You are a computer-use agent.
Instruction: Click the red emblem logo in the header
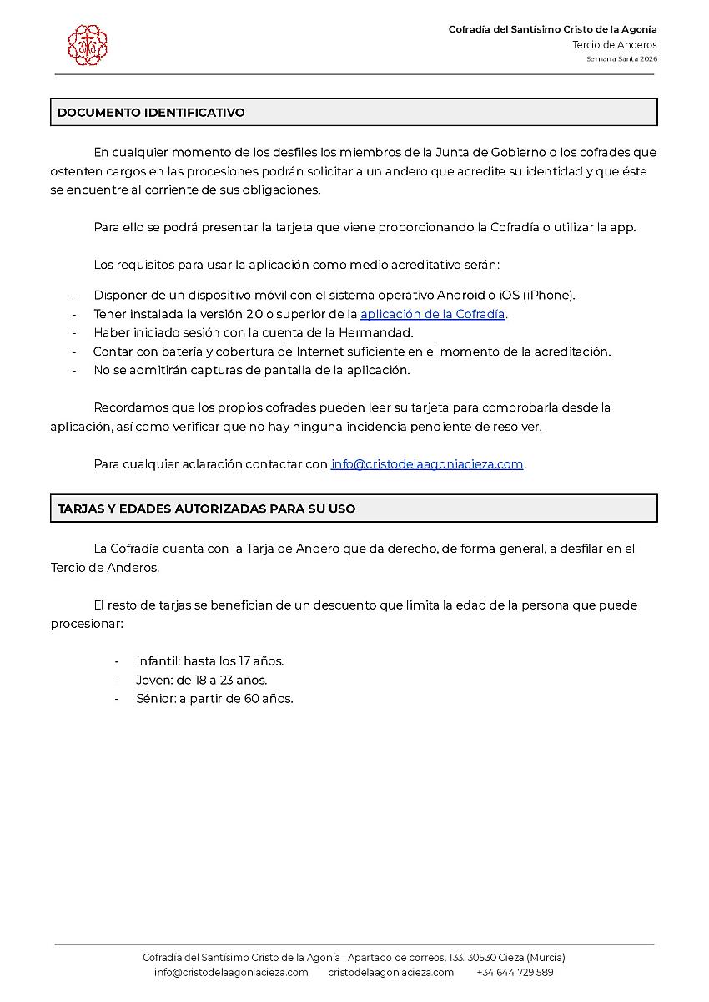[x=88, y=45]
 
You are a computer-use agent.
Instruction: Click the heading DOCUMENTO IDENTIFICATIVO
[x=151, y=113]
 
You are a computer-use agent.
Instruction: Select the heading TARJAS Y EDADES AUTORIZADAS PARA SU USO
[x=206, y=509]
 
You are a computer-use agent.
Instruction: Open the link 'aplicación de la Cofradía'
[x=433, y=314]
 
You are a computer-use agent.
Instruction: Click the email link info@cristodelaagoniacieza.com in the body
[x=427, y=464]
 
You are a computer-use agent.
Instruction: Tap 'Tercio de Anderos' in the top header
[x=615, y=45]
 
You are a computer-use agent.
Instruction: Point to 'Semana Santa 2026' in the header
[x=621, y=59]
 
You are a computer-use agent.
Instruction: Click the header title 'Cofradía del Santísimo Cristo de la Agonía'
[x=552, y=29]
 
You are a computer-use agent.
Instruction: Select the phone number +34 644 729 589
[x=515, y=972]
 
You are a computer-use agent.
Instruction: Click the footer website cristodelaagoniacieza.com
[x=391, y=972]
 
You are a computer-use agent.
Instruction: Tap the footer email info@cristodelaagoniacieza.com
[x=231, y=972]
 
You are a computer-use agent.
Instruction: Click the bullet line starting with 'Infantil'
[x=210, y=661]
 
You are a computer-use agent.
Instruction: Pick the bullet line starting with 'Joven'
[x=201, y=680]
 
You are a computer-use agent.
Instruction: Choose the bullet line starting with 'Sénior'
[x=214, y=699]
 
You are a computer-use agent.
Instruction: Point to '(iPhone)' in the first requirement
[x=549, y=295]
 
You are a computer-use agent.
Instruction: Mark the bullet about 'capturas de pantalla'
[x=251, y=370]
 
